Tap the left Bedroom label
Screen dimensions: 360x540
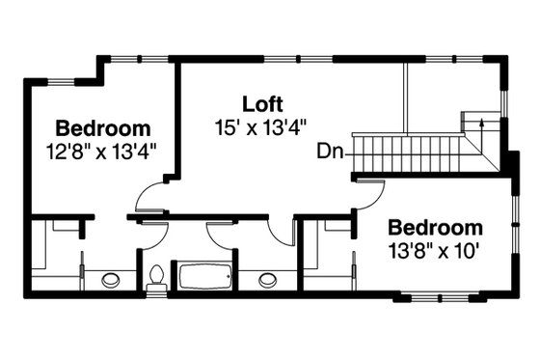click(102, 127)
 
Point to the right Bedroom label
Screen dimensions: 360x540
click(434, 228)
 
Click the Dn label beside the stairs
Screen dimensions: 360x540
click(329, 151)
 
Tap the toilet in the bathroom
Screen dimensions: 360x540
click(156, 277)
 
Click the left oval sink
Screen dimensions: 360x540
click(113, 281)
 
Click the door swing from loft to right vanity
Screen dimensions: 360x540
click(282, 232)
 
